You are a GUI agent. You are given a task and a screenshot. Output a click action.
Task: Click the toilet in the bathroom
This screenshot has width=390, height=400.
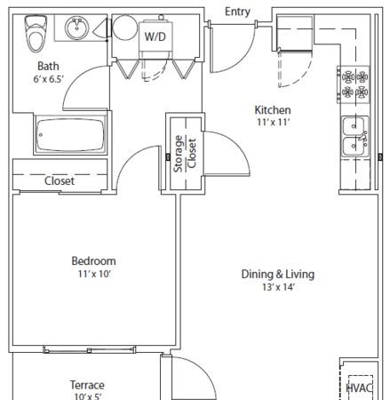pyautogui.click(x=36, y=34)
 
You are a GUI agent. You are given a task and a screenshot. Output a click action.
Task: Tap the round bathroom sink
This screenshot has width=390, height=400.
pyautogui.click(x=76, y=28)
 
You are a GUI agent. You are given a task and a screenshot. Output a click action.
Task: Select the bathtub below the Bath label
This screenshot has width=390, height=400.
pyautogui.click(x=70, y=135)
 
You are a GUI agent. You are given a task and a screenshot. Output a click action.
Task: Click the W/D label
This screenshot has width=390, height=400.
pyautogui.click(x=155, y=36)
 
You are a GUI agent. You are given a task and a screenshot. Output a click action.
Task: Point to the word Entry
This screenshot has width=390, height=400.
pyautogui.click(x=237, y=12)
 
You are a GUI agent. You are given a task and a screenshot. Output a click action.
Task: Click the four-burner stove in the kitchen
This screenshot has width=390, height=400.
pyautogui.click(x=354, y=84)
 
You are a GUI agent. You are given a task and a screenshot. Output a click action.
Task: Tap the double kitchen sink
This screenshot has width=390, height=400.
pyautogui.click(x=355, y=137)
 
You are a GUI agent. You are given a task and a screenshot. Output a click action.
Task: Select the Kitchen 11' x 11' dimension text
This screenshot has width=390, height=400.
pyautogui.click(x=273, y=122)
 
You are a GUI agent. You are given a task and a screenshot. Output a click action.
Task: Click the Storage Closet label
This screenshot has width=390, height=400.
pyautogui.click(x=185, y=154)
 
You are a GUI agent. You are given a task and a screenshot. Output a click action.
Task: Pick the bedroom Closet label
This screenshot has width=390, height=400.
pyautogui.click(x=60, y=180)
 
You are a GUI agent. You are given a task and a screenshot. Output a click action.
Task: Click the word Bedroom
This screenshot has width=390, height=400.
pyautogui.click(x=93, y=261)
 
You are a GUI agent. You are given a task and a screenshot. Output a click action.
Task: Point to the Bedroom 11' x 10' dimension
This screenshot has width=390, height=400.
pyautogui.click(x=94, y=274)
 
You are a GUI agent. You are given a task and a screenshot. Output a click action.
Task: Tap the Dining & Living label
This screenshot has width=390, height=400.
pyautogui.click(x=278, y=274)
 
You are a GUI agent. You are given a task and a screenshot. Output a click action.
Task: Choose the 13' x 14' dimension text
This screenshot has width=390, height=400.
pyautogui.click(x=278, y=287)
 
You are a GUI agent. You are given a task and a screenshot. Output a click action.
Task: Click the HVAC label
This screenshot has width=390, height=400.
pyautogui.click(x=359, y=388)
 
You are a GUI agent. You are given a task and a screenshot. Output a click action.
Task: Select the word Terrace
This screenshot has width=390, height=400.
pyautogui.click(x=87, y=385)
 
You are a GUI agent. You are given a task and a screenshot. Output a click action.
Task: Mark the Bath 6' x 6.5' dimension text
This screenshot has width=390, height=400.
pyautogui.click(x=49, y=79)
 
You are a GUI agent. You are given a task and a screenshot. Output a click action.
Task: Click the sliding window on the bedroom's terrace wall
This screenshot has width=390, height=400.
pyautogui.click(x=89, y=350)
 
